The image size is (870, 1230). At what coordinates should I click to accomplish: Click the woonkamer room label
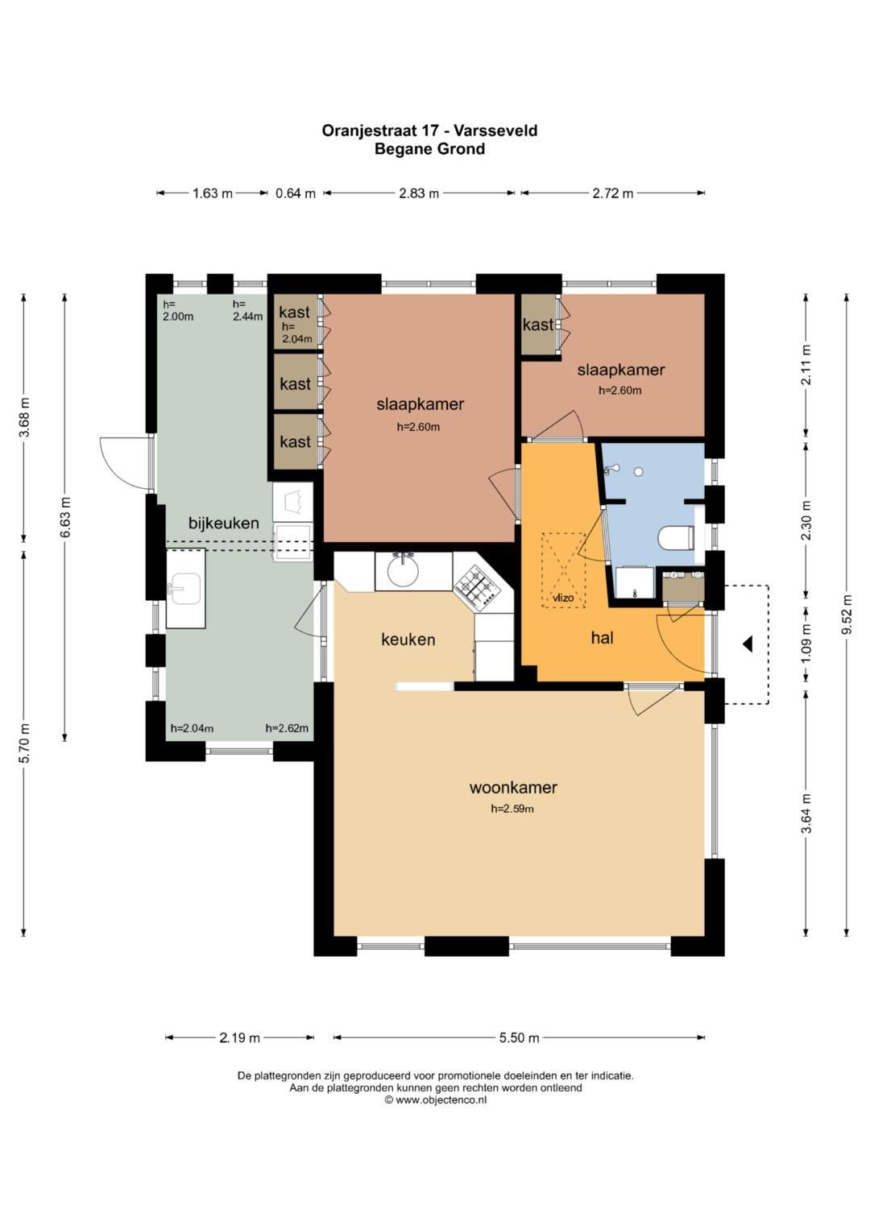pyautogui.click(x=513, y=788)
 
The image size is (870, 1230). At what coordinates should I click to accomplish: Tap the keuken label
pyautogui.click(x=408, y=639)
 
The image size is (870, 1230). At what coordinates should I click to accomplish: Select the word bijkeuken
pyautogui.click(x=224, y=523)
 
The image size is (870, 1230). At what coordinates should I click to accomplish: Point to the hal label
pyautogui.click(x=602, y=637)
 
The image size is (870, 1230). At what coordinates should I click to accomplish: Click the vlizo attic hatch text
pyautogui.click(x=564, y=598)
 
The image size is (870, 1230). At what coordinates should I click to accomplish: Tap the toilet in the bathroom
pyautogui.click(x=677, y=538)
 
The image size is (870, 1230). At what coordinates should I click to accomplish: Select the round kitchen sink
pyautogui.click(x=403, y=570)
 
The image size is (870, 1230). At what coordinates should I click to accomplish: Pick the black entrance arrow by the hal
pyautogui.click(x=748, y=644)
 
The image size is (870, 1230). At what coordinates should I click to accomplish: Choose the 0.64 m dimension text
pyautogui.click(x=296, y=193)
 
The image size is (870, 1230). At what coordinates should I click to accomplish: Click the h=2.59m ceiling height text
pyautogui.click(x=512, y=808)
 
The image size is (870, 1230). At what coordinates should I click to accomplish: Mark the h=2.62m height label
pyautogui.click(x=287, y=728)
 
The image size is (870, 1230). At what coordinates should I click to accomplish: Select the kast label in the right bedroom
pyautogui.click(x=538, y=325)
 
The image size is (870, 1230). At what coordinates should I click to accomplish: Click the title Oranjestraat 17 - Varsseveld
pyautogui.click(x=429, y=130)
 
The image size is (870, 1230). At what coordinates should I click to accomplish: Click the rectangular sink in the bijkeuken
pyautogui.click(x=185, y=588)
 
